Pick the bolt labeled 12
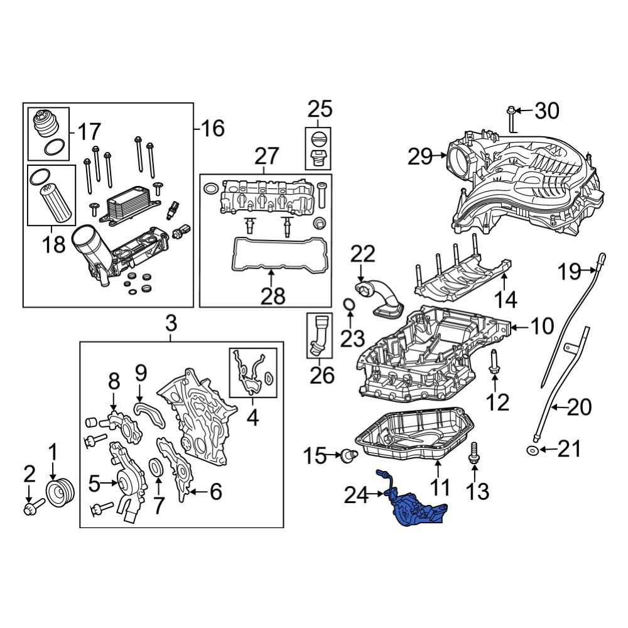click(494, 364)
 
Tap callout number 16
click(212, 129)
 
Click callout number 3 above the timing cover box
click(171, 324)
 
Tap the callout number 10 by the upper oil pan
click(541, 326)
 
